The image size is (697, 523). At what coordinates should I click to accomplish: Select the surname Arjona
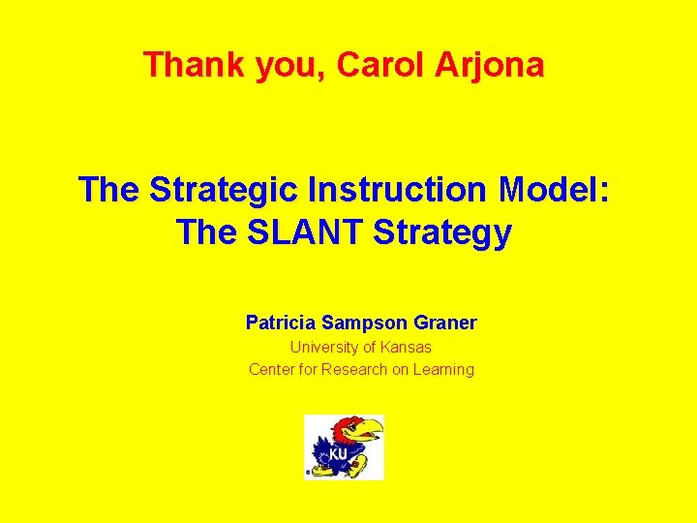(x=500, y=65)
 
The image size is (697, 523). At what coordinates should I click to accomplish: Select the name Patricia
(x=280, y=323)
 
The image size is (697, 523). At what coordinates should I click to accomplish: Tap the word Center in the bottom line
(x=272, y=369)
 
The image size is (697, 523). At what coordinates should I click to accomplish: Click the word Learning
(x=442, y=369)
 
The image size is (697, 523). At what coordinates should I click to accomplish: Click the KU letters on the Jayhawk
(x=337, y=453)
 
